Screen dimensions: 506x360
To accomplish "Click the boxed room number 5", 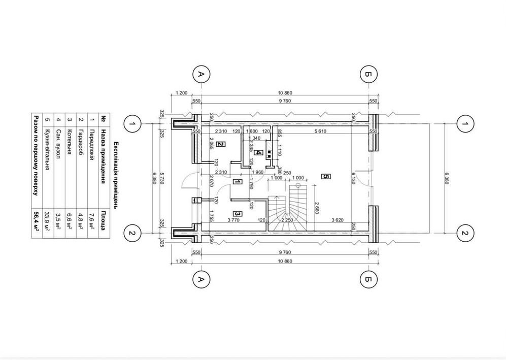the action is [x=326, y=176].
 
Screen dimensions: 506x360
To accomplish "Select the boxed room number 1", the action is [x=237, y=182].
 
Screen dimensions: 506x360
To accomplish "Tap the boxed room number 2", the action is [x=221, y=144].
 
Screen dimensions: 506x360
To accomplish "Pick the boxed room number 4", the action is [x=259, y=153].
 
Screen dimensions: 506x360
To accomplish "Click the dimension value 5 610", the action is [x=320, y=131].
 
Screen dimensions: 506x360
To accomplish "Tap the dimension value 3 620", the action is [x=337, y=220].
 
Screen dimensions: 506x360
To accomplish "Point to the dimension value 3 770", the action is [x=233, y=220].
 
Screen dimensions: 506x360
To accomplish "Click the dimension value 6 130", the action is [x=353, y=178].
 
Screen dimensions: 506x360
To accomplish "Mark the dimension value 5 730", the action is [x=162, y=178].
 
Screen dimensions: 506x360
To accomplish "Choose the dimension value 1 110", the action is [x=280, y=150].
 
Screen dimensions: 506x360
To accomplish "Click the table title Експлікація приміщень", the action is [x=116, y=176].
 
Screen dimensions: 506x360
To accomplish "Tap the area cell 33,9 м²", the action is [x=48, y=220].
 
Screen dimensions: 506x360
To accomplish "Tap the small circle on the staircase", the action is [x=298, y=185].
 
